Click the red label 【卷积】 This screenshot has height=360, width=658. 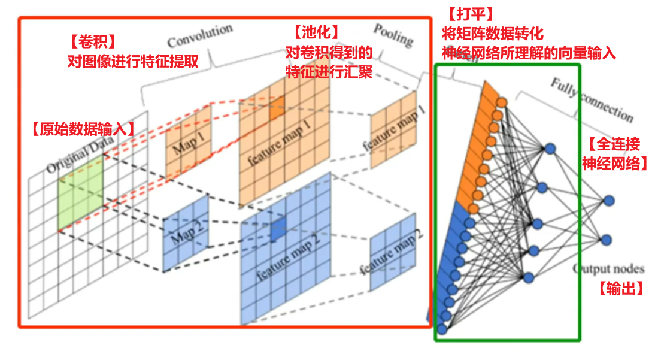pos(92,43)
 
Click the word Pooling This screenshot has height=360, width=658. pos(393,35)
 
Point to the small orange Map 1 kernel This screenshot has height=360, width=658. pos(188,141)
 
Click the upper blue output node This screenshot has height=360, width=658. pos(608,201)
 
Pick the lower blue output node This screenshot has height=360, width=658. pos(606,240)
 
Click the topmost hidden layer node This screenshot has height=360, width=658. pos(550,149)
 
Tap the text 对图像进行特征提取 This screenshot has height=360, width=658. pos(133,62)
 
